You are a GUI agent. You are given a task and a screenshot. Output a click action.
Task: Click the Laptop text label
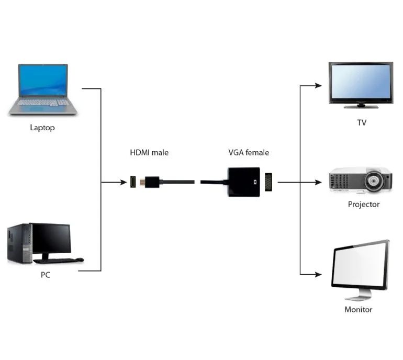click(x=42, y=128)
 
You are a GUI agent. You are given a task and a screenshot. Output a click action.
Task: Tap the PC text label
click(x=46, y=275)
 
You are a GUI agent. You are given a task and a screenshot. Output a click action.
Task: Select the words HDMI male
click(x=149, y=153)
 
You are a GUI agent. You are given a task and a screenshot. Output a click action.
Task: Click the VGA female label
click(x=249, y=153)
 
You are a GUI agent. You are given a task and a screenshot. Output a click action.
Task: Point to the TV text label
click(x=361, y=122)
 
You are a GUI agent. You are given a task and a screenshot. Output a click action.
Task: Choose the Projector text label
click(x=364, y=204)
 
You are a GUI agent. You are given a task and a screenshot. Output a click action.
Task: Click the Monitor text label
click(x=359, y=309)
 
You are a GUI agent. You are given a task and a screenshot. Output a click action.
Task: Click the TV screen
click(x=360, y=82)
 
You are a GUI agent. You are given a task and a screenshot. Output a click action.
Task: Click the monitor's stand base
click(x=352, y=296)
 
